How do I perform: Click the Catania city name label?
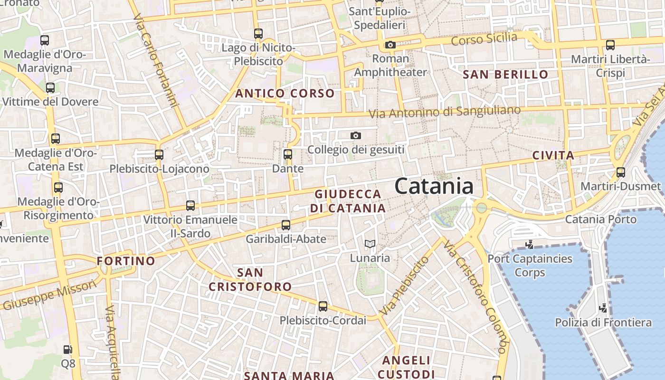(434, 186)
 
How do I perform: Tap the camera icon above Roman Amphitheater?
(390, 45)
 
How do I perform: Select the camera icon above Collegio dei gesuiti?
(355, 136)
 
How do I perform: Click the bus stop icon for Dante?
(287, 154)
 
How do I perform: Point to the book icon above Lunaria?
(370, 244)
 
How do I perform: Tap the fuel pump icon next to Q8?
(68, 350)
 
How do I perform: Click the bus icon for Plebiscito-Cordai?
(323, 306)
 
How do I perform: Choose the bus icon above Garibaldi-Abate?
(285, 225)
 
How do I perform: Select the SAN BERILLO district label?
(505, 75)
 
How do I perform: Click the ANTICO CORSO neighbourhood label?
(285, 94)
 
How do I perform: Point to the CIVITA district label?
(553, 155)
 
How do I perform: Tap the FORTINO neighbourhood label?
(126, 261)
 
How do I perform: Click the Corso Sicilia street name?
(484, 39)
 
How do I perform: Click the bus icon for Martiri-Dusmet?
(620, 172)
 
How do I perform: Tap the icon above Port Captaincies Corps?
(529, 245)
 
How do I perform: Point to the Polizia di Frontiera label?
(603, 323)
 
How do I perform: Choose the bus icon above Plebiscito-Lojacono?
(159, 155)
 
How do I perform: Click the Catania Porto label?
(600, 219)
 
